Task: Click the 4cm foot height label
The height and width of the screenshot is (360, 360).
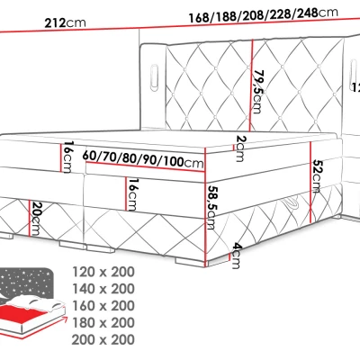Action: [x=235, y=253]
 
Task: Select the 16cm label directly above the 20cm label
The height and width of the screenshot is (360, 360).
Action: [x=67, y=158]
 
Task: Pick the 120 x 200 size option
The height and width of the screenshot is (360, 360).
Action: [x=107, y=271]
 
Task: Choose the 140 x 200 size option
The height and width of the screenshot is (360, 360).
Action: [x=107, y=288]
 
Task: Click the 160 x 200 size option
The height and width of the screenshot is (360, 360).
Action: [x=107, y=305]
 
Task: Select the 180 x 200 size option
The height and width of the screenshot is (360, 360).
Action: [x=107, y=322]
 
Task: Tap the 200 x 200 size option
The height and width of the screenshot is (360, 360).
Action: [x=107, y=339]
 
